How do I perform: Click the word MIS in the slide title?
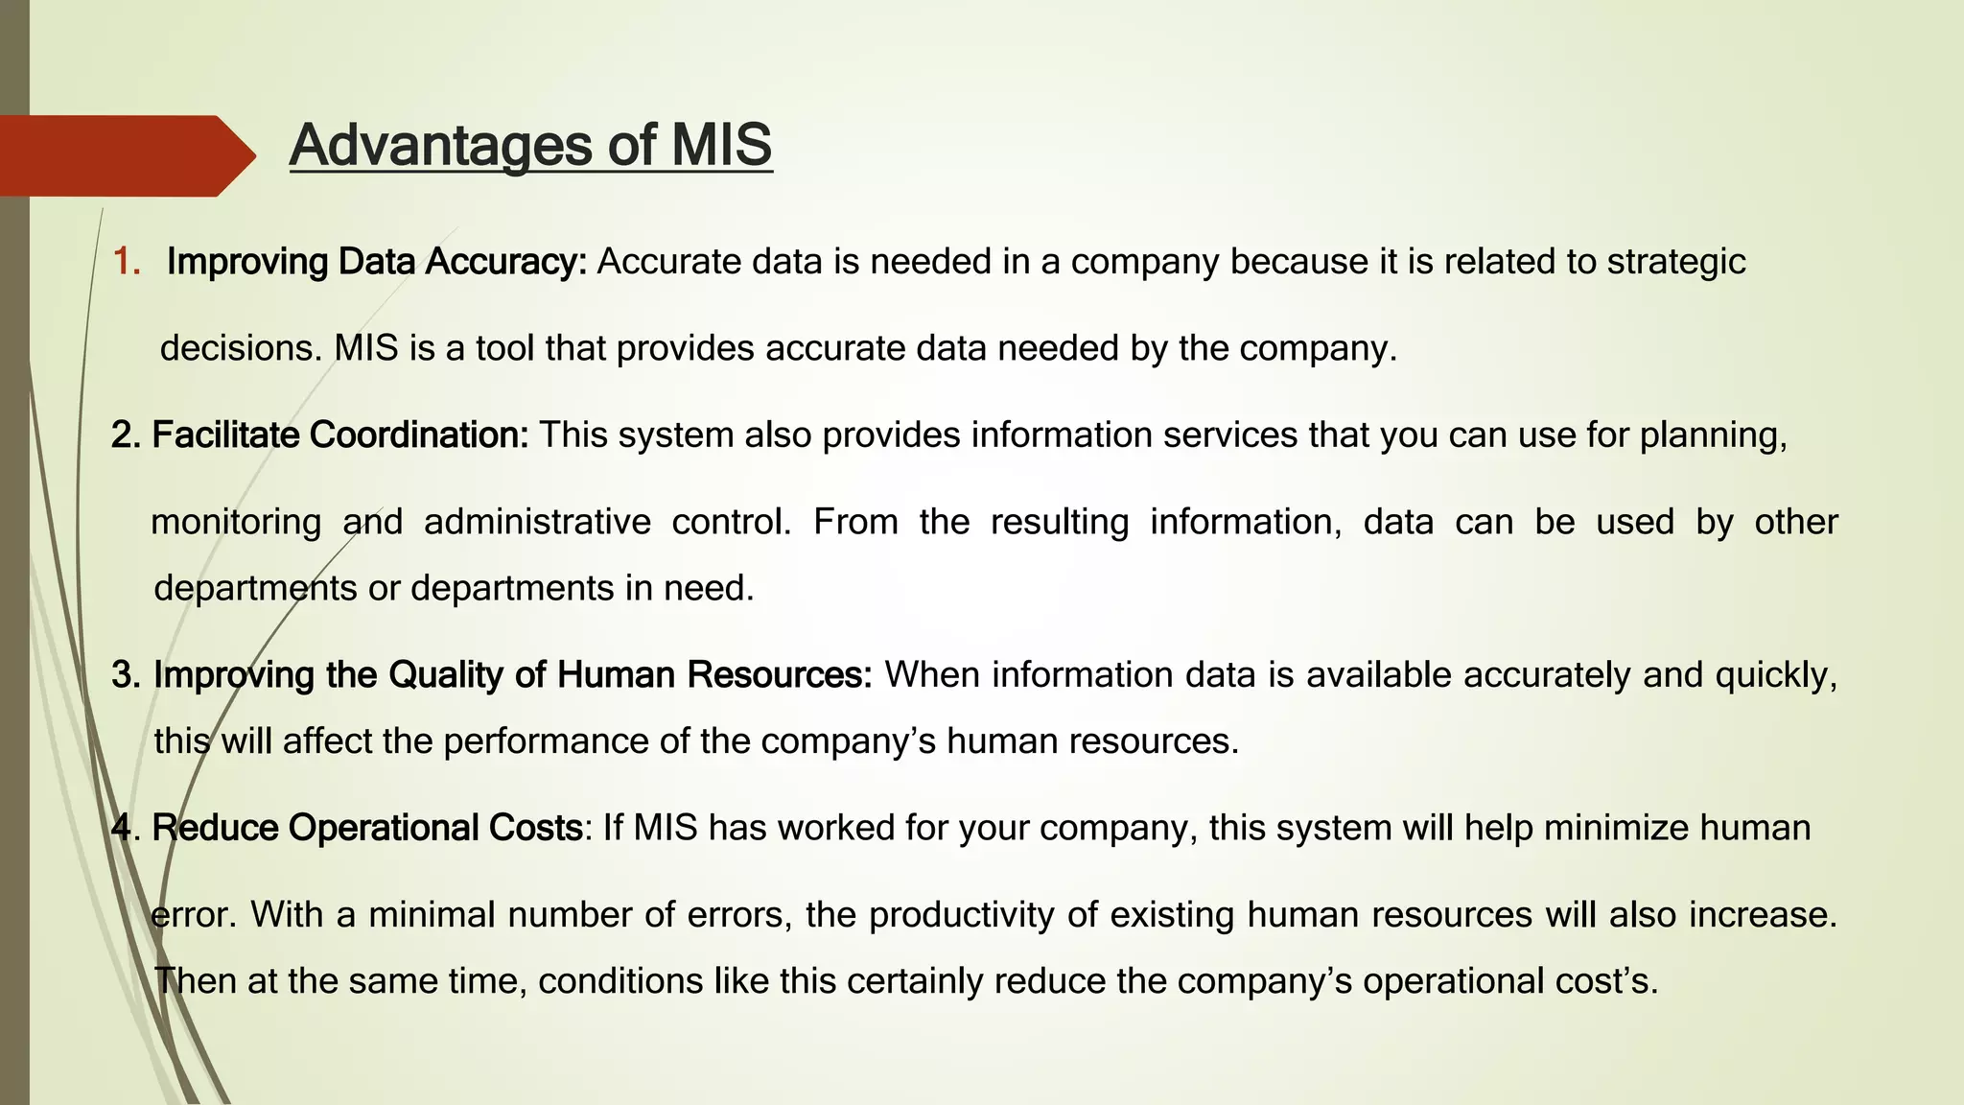pyautogui.click(x=721, y=146)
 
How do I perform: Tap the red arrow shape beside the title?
pyautogui.click(x=125, y=155)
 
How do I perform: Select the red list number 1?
pyautogui.click(x=126, y=262)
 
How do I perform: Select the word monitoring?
pyautogui.click(x=236, y=523)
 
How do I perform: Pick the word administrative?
pyautogui.click(x=537, y=523)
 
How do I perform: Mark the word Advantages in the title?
pyautogui.click(x=443, y=146)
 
